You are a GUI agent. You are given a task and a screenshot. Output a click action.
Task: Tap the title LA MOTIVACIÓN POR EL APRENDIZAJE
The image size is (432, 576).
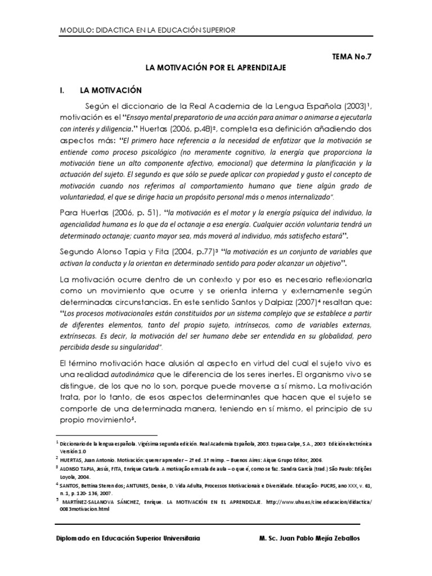coord(216,67)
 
